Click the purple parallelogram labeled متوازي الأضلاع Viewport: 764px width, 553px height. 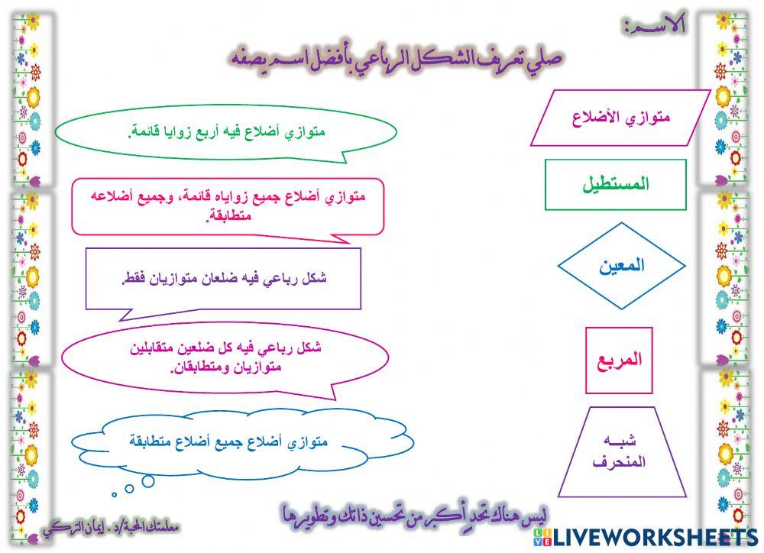pos(620,118)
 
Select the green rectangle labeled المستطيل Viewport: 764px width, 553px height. pos(615,184)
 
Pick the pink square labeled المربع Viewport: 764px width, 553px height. pos(619,361)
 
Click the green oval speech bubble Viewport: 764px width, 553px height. pos(229,133)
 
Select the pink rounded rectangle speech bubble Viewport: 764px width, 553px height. pos(229,206)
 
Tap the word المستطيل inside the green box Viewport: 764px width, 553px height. pos(615,184)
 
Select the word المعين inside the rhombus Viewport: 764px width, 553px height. pos(620,266)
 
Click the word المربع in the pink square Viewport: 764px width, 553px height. pos(619,361)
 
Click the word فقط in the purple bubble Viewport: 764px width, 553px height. pos(134,278)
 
